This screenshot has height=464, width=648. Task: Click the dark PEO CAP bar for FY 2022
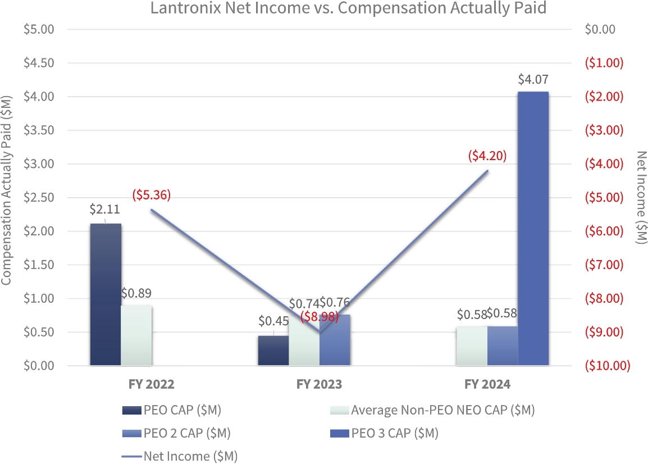[106, 294]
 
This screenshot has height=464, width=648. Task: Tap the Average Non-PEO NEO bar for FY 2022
[136, 335]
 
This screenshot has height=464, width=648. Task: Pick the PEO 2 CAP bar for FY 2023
[335, 340]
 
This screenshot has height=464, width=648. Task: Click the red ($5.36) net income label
[151, 195]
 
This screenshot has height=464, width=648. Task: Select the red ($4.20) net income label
[487, 156]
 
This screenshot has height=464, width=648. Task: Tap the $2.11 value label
[105, 210]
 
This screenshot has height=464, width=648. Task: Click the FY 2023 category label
[320, 385]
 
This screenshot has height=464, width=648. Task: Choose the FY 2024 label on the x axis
[487, 385]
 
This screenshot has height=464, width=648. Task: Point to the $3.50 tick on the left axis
[38, 130]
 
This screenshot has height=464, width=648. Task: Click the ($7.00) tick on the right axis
[605, 265]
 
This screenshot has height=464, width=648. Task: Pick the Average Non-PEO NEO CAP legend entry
[432, 410]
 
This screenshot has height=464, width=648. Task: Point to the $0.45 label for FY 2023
[273, 321]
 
